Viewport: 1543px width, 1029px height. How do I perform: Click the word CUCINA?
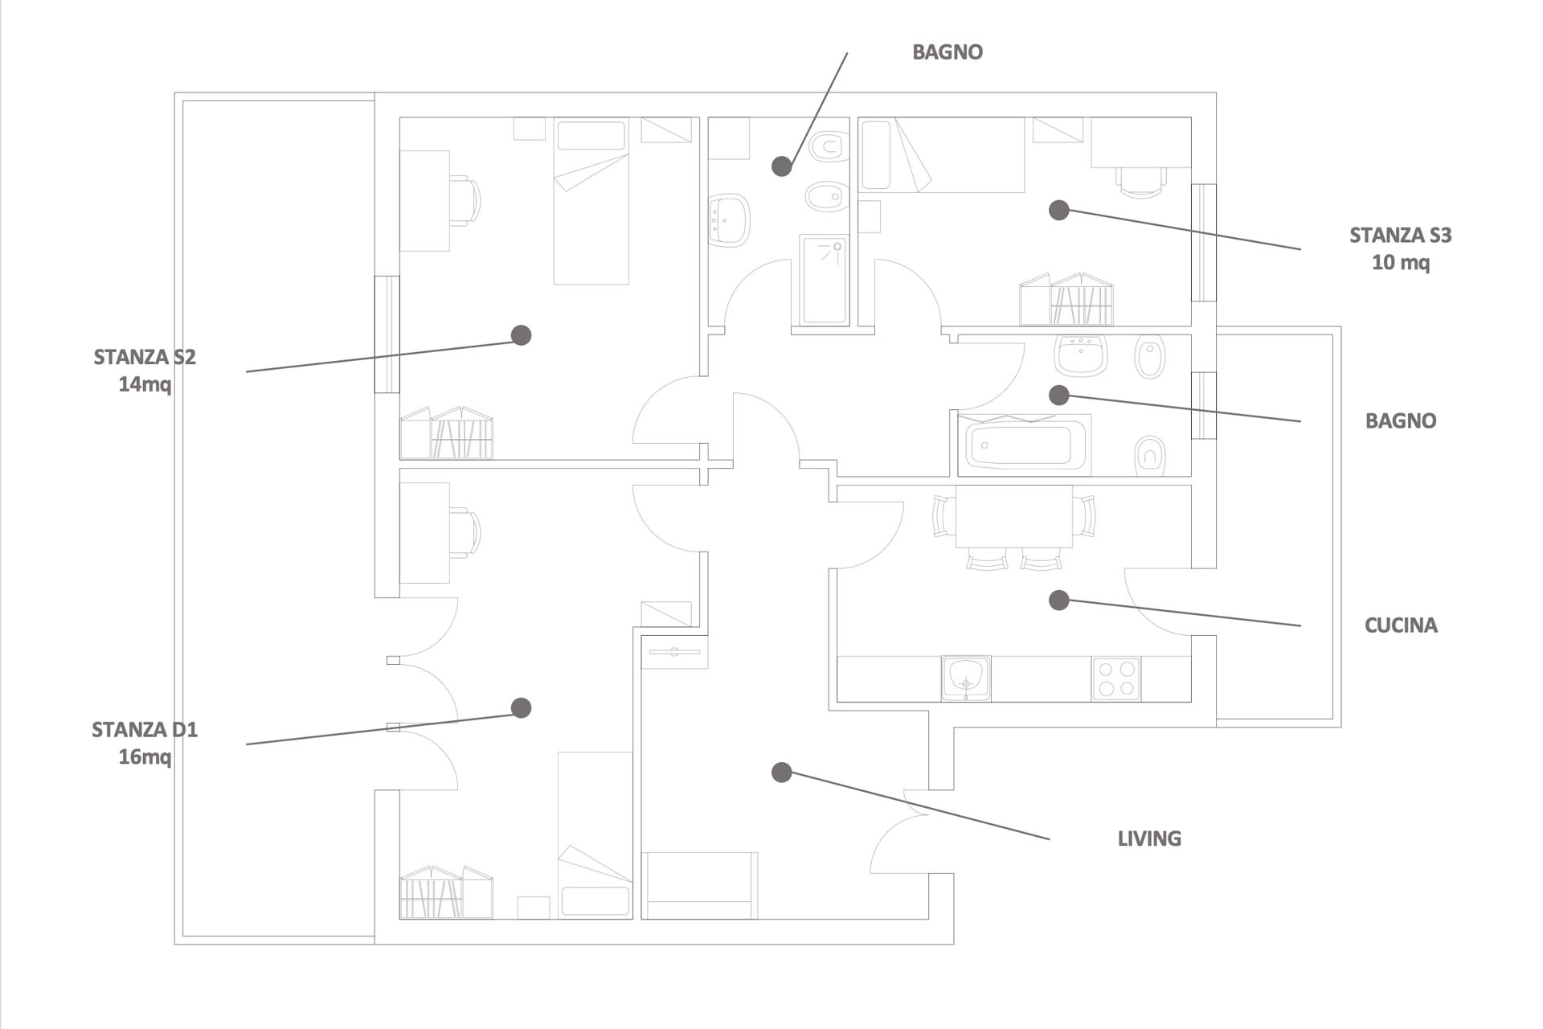pos(1401,625)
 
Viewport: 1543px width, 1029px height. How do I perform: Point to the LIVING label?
pos(1149,838)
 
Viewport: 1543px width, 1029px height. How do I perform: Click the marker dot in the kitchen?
pos(1059,600)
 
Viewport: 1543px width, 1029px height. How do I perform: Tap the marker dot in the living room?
pos(782,773)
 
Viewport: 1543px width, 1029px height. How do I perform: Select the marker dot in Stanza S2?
pos(522,335)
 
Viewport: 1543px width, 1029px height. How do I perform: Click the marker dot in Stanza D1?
pos(522,707)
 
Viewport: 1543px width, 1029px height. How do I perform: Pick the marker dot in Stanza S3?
pos(1059,210)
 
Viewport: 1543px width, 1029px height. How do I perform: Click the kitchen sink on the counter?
pos(966,678)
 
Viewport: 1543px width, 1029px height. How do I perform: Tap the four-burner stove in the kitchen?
pos(1116,678)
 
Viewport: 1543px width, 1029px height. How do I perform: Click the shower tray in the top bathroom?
pos(825,280)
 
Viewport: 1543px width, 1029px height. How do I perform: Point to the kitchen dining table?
pos(1014,516)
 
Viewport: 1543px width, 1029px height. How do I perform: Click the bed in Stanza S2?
pos(591,201)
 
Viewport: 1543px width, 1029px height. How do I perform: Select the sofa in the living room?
pos(700,885)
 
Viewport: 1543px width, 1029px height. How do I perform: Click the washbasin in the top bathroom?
pos(729,219)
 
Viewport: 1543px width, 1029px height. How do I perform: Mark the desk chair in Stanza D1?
pos(465,532)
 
